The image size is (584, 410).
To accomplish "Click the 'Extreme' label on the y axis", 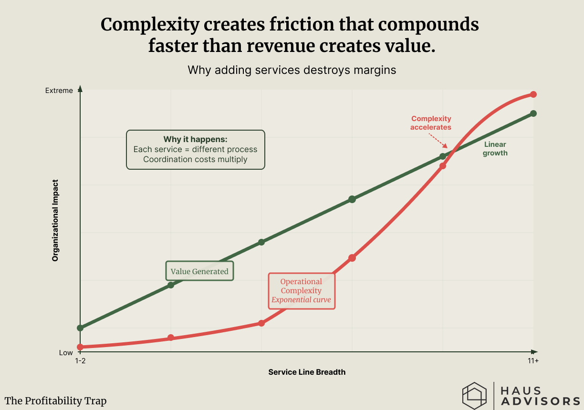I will pyautogui.click(x=59, y=90).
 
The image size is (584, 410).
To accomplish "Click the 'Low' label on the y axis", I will pyautogui.click(x=66, y=353).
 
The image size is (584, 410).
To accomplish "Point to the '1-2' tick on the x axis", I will pyautogui.click(x=80, y=361).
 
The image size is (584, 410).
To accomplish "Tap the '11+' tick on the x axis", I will pyautogui.click(x=533, y=361).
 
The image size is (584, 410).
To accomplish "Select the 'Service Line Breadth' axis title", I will pyautogui.click(x=307, y=372).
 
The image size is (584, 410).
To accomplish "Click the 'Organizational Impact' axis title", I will pyautogui.click(x=55, y=220).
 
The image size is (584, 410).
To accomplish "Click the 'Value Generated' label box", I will pyautogui.click(x=199, y=271).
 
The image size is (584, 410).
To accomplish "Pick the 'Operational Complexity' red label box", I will pyautogui.click(x=302, y=291).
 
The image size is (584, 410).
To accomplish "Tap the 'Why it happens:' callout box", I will pyautogui.click(x=195, y=150).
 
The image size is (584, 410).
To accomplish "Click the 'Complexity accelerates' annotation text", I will pyautogui.click(x=431, y=123).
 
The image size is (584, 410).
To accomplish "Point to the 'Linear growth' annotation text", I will pyautogui.click(x=495, y=149).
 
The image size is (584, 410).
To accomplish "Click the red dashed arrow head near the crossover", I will pyautogui.click(x=445, y=146).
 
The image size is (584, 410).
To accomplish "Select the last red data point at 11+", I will pyautogui.click(x=533, y=94).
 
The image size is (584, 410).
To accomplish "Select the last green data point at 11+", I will pyautogui.click(x=533, y=113).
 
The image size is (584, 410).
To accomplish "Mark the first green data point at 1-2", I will pyautogui.click(x=80, y=328).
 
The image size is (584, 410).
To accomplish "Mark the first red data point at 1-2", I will pyautogui.click(x=80, y=347).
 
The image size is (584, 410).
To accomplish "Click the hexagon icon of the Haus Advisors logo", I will pyautogui.click(x=474, y=395).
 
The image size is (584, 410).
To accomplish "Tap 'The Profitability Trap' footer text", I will pyautogui.click(x=56, y=401).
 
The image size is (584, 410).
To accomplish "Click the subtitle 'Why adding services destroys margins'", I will pyautogui.click(x=292, y=70).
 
